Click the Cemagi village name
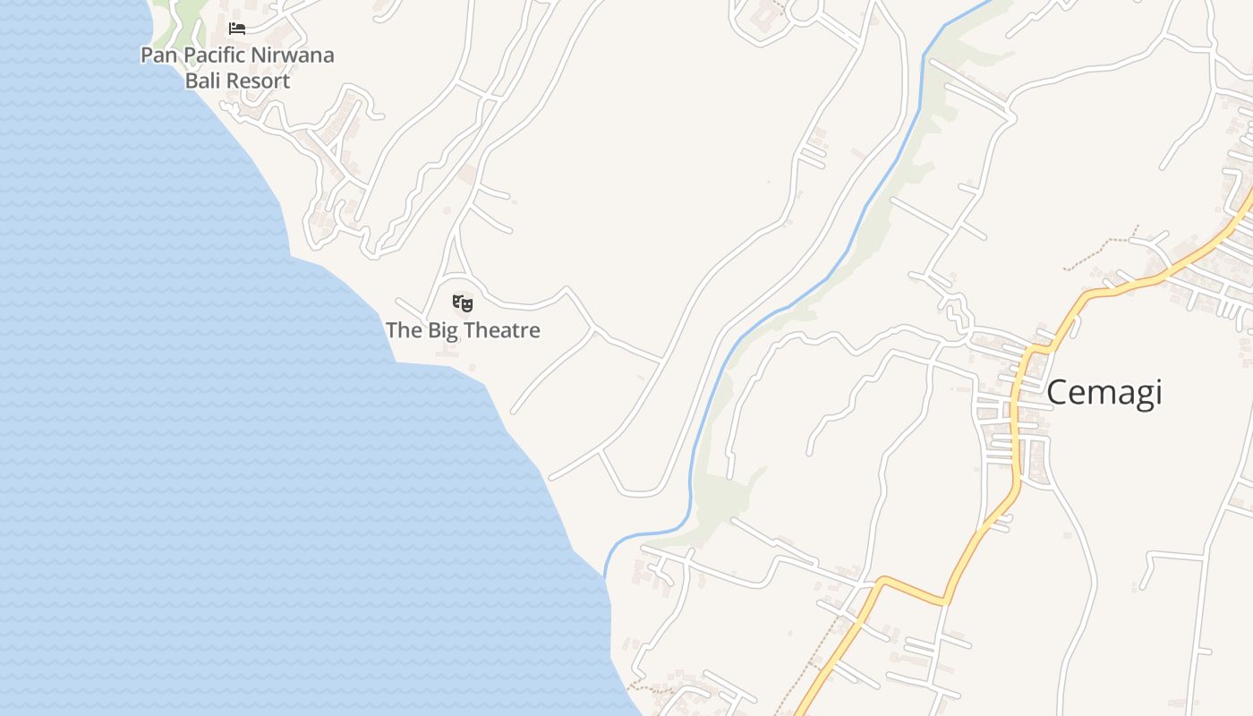(x=1104, y=392)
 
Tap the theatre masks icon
(x=463, y=303)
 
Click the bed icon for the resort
(x=237, y=29)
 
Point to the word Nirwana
(x=294, y=55)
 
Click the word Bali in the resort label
(x=202, y=81)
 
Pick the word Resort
(x=257, y=81)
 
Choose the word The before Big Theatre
(x=404, y=330)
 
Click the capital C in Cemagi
(x=1058, y=392)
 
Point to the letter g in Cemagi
(x=1137, y=396)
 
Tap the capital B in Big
(x=435, y=330)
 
